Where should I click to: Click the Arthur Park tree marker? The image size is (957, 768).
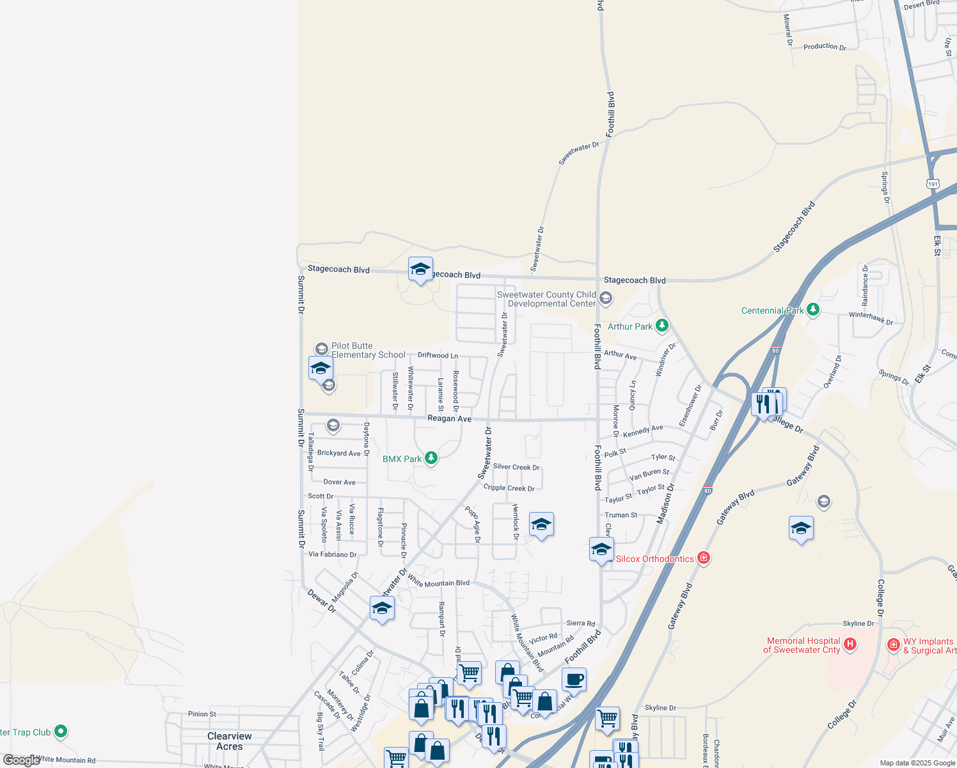click(662, 326)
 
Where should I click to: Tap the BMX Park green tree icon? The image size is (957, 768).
click(431, 458)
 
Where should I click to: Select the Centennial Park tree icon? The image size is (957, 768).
click(812, 310)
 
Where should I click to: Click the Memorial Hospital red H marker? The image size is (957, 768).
click(850, 644)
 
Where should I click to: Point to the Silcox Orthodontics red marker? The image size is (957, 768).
click(704, 558)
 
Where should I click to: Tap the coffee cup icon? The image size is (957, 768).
click(574, 680)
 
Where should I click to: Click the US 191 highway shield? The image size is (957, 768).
click(933, 184)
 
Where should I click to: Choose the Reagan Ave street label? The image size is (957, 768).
click(449, 419)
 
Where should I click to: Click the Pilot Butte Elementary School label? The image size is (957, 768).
click(368, 350)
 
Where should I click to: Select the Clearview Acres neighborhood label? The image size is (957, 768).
click(230, 741)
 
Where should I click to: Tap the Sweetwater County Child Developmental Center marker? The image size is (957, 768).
click(606, 298)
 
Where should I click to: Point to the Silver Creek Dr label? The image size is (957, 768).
click(516, 467)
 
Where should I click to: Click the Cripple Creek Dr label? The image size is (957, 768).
click(509, 488)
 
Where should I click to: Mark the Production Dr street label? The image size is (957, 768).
click(825, 47)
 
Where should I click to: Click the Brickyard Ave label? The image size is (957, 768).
click(339, 453)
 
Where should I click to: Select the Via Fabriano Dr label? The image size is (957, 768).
click(333, 554)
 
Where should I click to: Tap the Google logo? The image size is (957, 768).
click(21, 760)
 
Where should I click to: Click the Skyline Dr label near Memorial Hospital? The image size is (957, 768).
click(858, 623)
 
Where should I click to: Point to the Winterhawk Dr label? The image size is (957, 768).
click(871, 317)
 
